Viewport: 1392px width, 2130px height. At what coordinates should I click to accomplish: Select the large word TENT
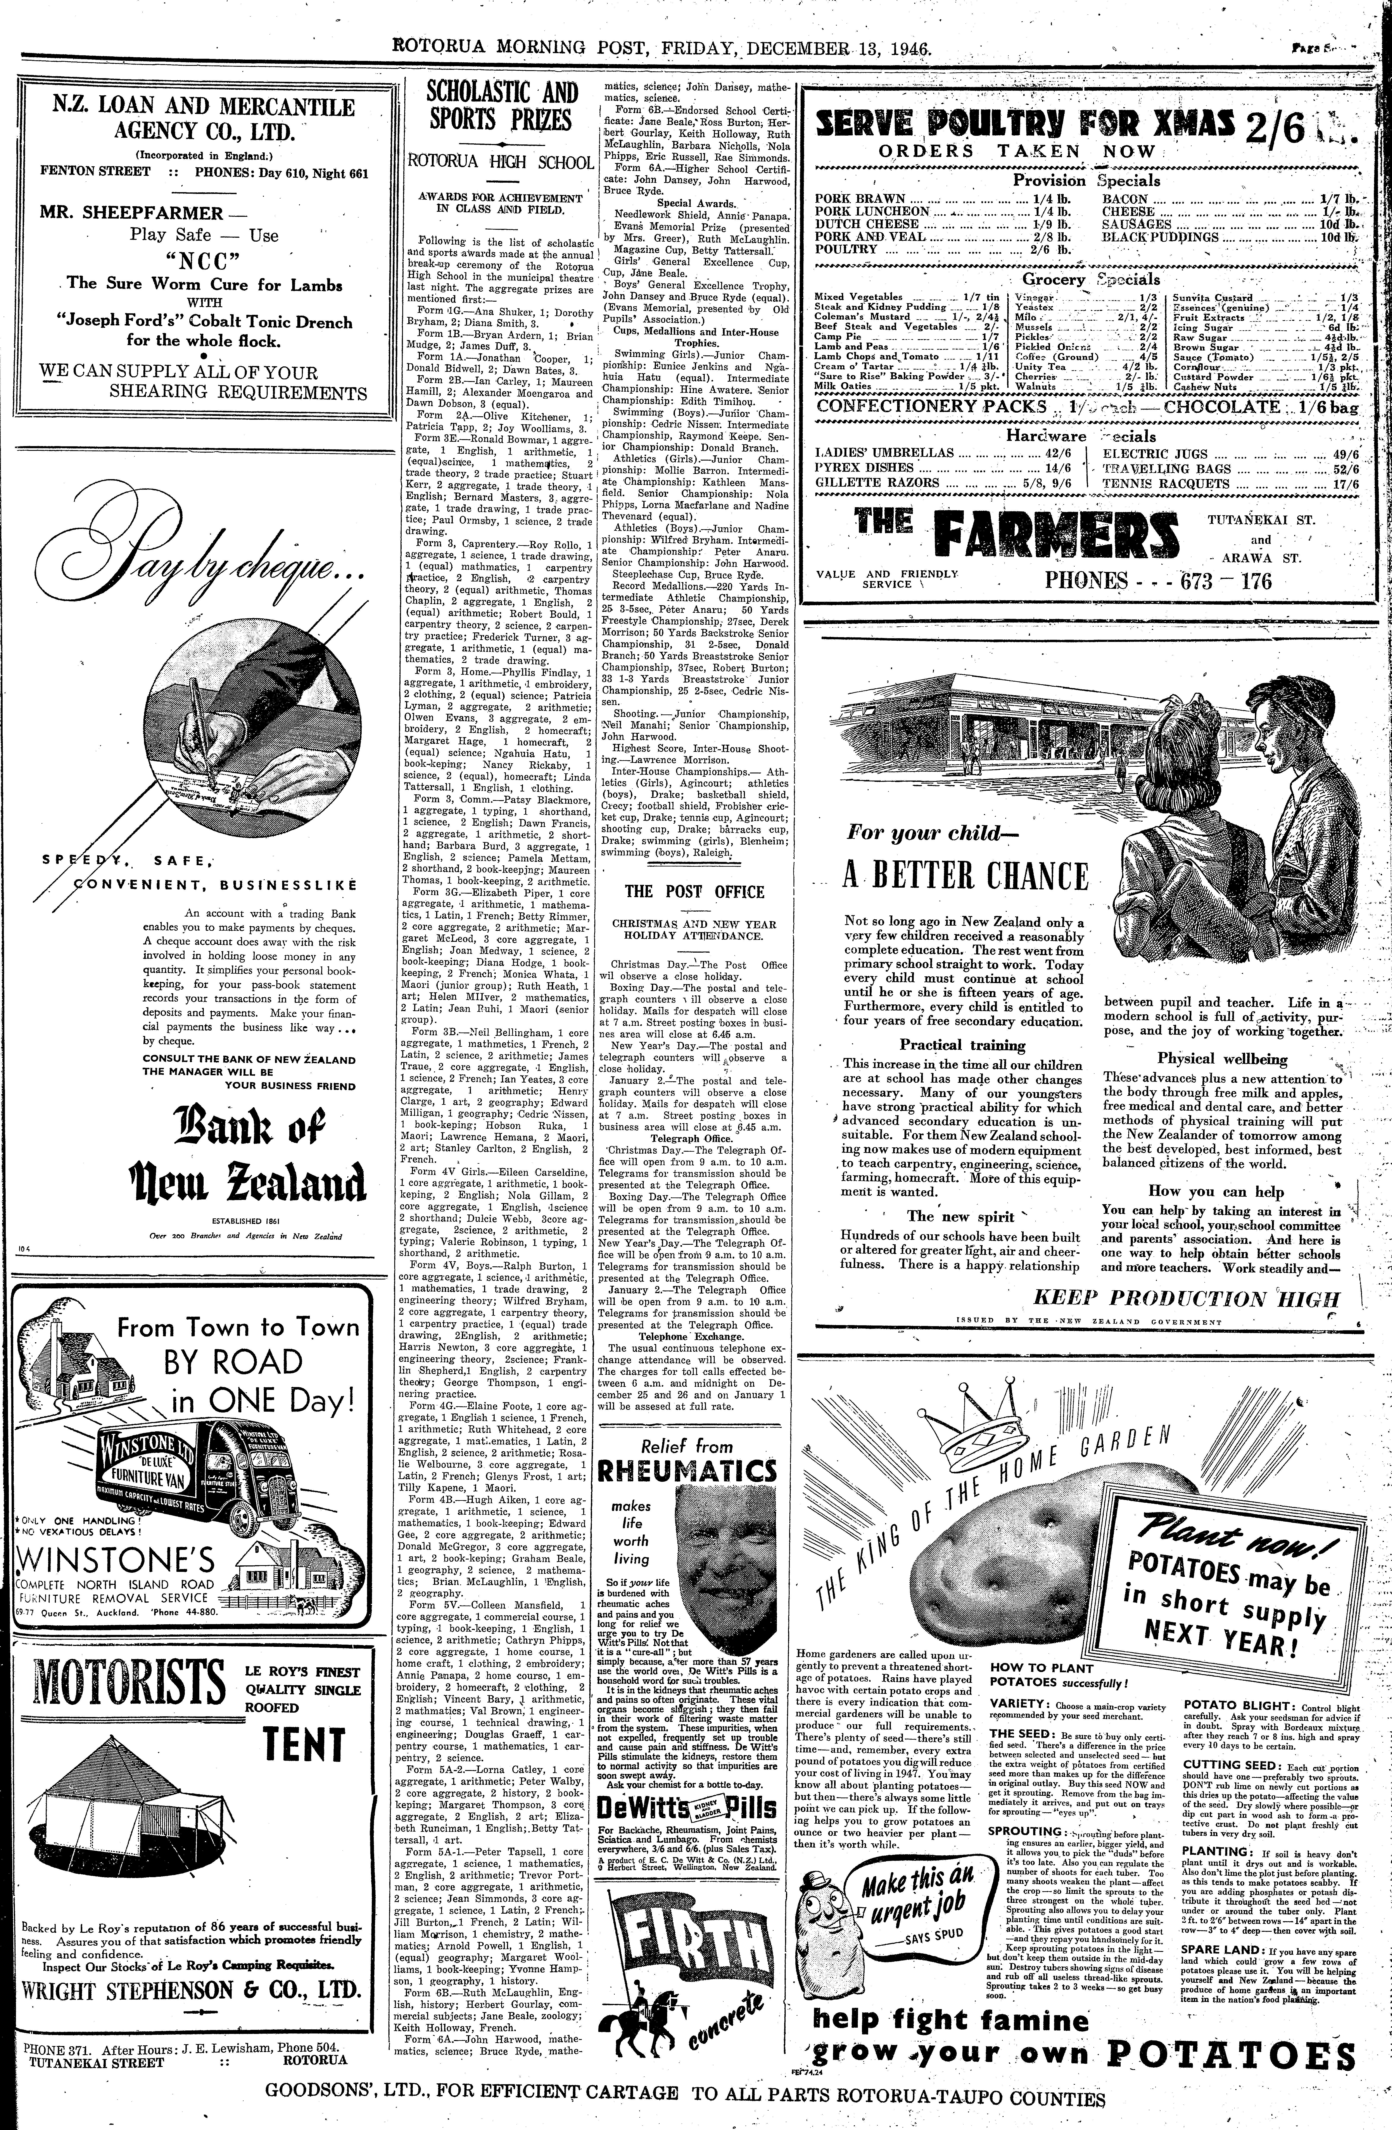pyautogui.click(x=304, y=1743)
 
